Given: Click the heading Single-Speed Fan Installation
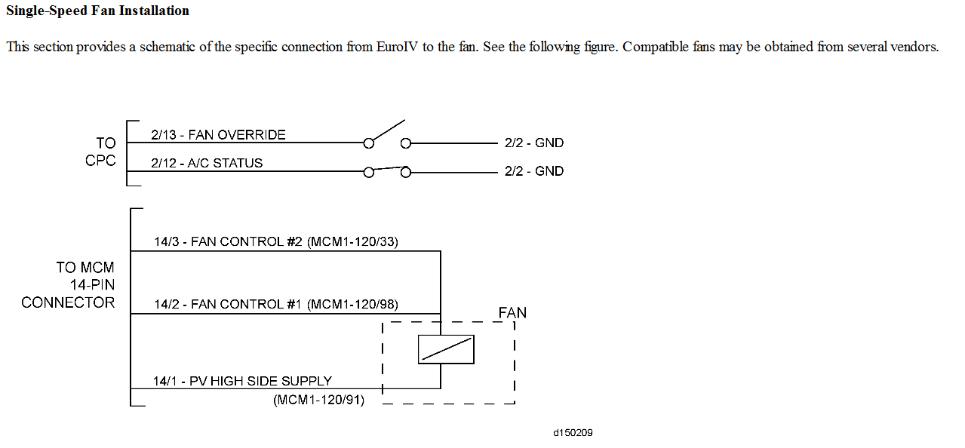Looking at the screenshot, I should (x=97, y=11).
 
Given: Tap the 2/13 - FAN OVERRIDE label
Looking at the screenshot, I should (x=218, y=135).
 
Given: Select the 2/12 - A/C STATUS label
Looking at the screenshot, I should (x=207, y=163).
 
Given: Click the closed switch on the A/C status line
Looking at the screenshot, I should (x=387, y=170).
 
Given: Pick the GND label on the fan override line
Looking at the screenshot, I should (x=534, y=143).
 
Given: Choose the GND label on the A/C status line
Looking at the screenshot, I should (x=534, y=171).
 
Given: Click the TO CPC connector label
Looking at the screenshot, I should (x=101, y=152).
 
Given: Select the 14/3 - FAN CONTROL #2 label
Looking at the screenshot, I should (x=228, y=242).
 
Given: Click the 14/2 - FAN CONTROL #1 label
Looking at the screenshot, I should (x=228, y=305).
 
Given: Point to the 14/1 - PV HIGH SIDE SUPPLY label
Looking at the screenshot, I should (x=242, y=382).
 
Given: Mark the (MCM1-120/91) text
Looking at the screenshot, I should (x=318, y=400).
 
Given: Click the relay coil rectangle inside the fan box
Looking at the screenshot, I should (x=446, y=349).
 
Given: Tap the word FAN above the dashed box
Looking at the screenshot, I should (x=512, y=312).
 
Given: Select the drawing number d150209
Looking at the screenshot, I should (x=573, y=433).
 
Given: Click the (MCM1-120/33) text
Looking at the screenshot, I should (x=352, y=242).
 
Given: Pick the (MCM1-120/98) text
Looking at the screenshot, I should (x=352, y=305).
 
